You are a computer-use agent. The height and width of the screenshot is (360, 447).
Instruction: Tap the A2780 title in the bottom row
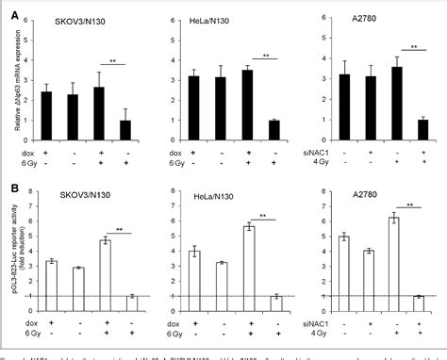pyautogui.click(x=366, y=195)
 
